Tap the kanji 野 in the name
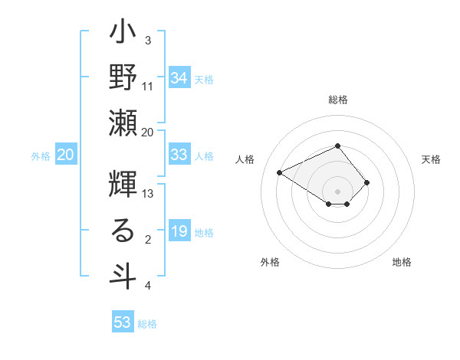point(123,77)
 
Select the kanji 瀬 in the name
point(123,122)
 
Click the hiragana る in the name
point(123,231)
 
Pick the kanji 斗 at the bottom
point(123,275)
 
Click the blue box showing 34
point(179,77)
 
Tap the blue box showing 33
point(179,155)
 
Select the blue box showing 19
point(179,231)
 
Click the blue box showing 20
point(66,155)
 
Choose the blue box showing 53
point(123,322)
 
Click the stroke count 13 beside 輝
point(149,194)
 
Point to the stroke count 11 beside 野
point(149,86)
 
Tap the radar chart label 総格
point(338,100)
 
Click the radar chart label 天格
point(431,159)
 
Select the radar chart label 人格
point(245,159)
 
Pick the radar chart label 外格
point(270,262)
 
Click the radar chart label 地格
point(402,262)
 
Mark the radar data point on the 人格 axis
point(280,172)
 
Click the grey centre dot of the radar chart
point(337,190)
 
